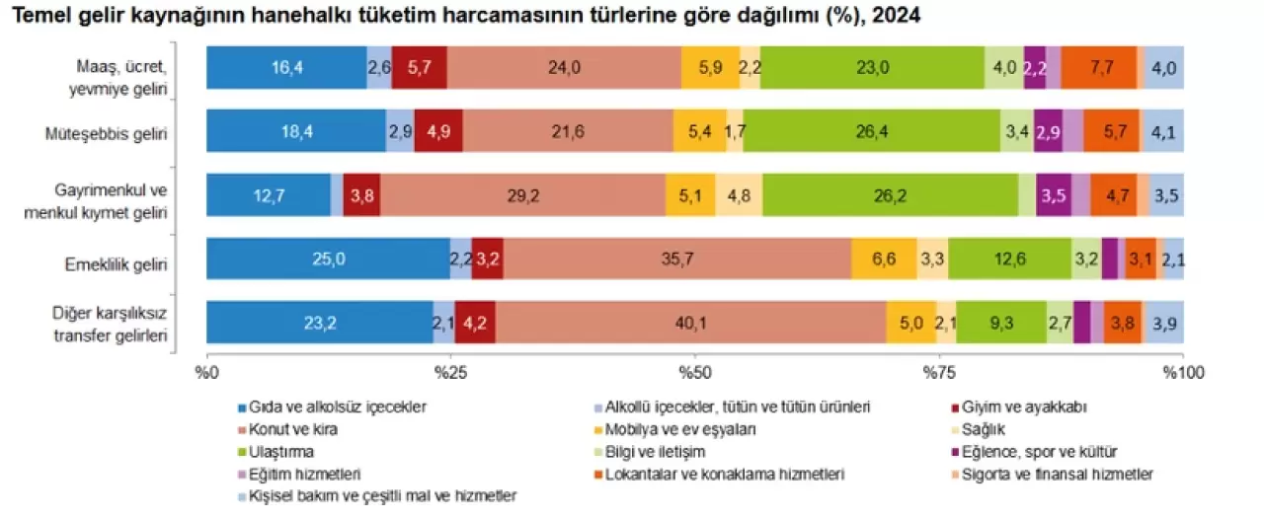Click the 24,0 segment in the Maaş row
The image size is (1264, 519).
point(563,68)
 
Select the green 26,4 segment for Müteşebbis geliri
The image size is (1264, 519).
point(871,130)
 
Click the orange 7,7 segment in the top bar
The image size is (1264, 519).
point(1099,68)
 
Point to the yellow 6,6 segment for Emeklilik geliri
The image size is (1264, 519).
point(884,259)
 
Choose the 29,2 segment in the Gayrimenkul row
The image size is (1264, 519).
point(522,194)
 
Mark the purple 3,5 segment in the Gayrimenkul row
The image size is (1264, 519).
point(1054,194)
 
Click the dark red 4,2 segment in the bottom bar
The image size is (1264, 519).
point(475,322)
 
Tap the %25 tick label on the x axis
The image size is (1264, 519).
point(451,373)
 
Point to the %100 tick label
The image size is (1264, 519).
point(1179,373)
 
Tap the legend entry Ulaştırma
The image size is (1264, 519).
point(282,451)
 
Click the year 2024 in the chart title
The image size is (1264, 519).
point(893,16)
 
